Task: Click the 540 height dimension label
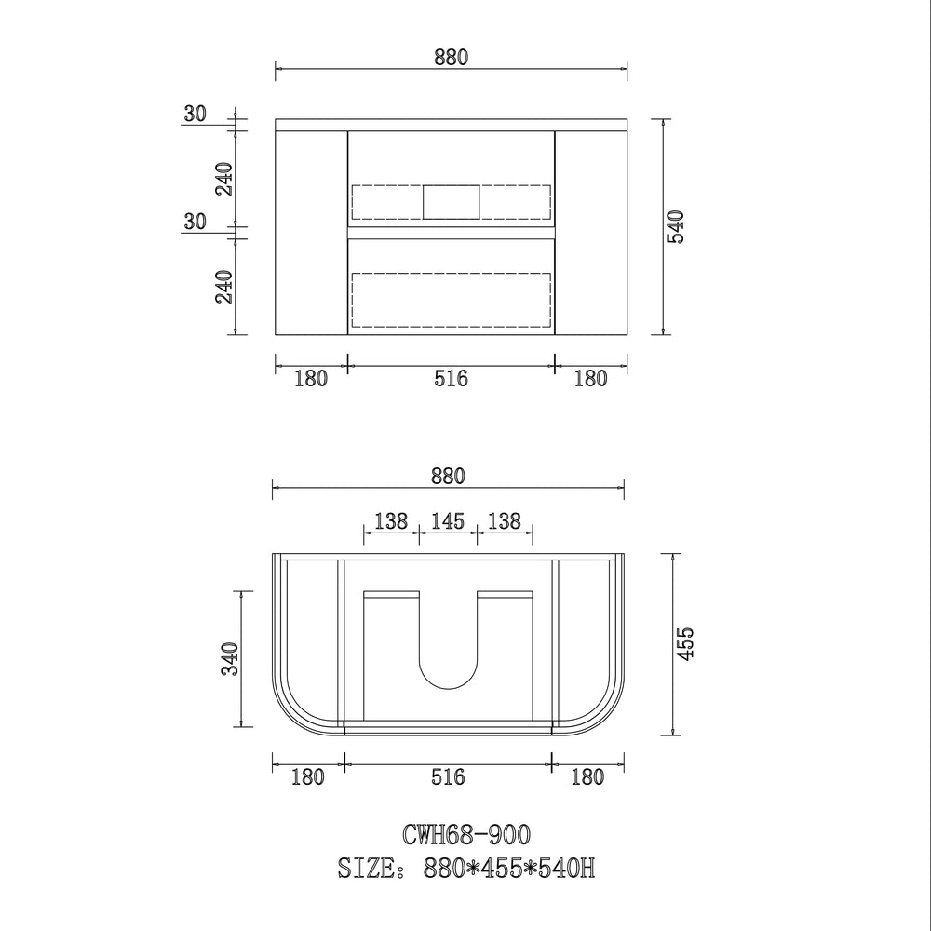coord(676,227)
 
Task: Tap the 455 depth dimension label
coord(685,643)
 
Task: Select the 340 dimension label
coord(230,658)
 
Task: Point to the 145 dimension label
coord(448,521)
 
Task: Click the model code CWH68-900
coord(466,834)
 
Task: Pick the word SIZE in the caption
coord(366,868)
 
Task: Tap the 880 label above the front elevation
coord(452,57)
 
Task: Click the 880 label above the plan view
coord(449,476)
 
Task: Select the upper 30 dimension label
coord(195,114)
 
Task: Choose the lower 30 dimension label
coord(195,222)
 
